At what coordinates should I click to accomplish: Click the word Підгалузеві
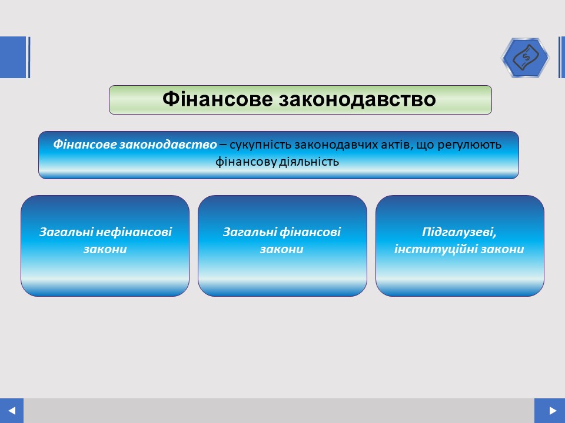(459, 233)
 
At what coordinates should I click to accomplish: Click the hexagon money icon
(525, 58)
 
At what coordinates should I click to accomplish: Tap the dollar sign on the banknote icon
(526, 57)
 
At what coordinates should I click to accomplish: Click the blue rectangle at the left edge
(14, 57)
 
